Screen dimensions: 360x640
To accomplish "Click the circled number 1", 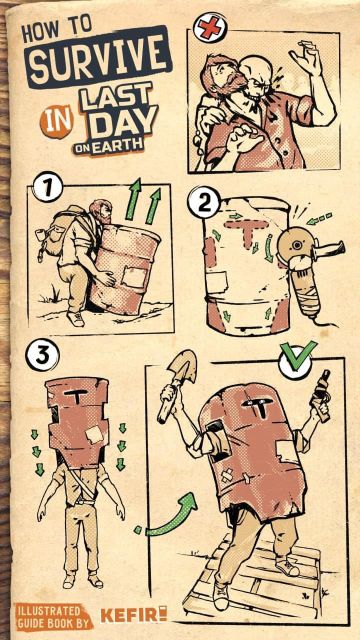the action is (x=48, y=187).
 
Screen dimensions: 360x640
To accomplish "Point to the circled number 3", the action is (x=42, y=356).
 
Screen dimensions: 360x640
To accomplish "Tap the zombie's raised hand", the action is (x=305, y=56).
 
